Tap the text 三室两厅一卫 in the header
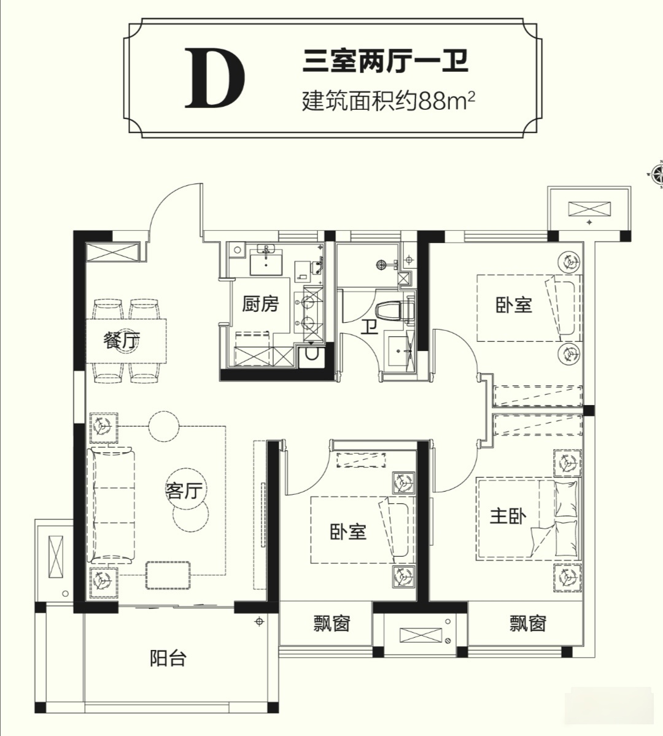[x=386, y=62]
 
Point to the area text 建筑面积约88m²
[x=389, y=99]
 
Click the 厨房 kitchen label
[x=260, y=303]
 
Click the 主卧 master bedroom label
[x=508, y=516]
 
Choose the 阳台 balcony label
[x=168, y=659]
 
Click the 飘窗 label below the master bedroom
[x=528, y=624]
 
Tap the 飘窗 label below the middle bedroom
[x=331, y=624]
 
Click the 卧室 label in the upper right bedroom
[x=514, y=304]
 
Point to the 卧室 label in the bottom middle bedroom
[x=347, y=531]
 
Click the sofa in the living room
[x=112, y=505]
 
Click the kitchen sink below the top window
[x=266, y=260]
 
